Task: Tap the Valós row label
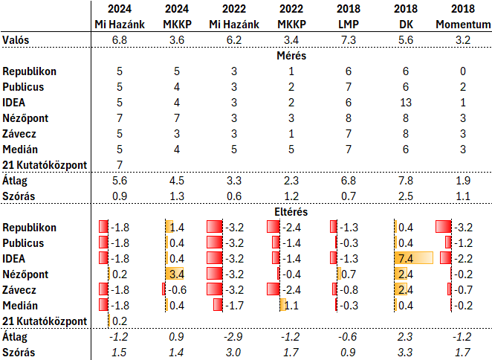click(x=17, y=39)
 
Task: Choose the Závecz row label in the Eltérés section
click(x=22, y=289)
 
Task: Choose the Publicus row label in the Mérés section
click(x=25, y=87)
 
